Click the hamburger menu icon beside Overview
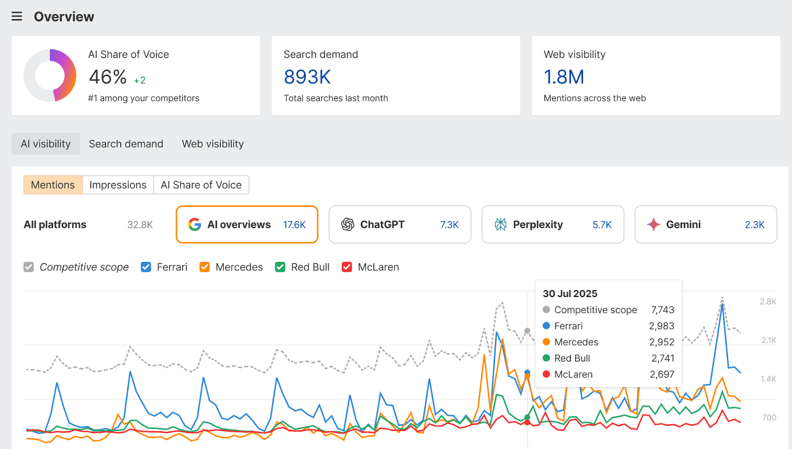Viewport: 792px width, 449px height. click(x=17, y=16)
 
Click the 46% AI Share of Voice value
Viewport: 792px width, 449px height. click(x=107, y=77)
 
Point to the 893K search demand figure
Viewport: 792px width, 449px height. click(x=307, y=77)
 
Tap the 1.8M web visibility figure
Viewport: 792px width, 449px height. click(x=564, y=77)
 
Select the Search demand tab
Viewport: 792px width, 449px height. click(x=126, y=144)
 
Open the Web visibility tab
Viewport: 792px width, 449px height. click(x=213, y=144)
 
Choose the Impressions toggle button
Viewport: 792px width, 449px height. click(x=118, y=185)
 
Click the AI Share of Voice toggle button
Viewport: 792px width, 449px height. click(x=201, y=185)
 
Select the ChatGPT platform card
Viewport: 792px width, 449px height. click(x=399, y=225)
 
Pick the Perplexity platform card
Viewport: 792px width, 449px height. click(x=552, y=225)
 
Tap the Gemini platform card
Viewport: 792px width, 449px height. click(x=705, y=225)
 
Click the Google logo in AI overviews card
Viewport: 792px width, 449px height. click(x=195, y=225)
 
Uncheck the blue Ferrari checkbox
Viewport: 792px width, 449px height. click(x=146, y=267)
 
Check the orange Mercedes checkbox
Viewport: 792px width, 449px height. click(x=204, y=267)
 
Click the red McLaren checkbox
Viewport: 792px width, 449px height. click(x=347, y=267)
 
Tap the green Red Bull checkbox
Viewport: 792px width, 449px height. click(x=280, y=267)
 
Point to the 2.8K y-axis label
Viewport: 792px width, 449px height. click(x=768, y=301)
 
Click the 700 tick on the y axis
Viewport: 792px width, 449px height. click(x=769, y=418)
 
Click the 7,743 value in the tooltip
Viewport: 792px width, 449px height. click(x=662, y=310)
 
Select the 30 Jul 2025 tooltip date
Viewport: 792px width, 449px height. click(x=570, y=294)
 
